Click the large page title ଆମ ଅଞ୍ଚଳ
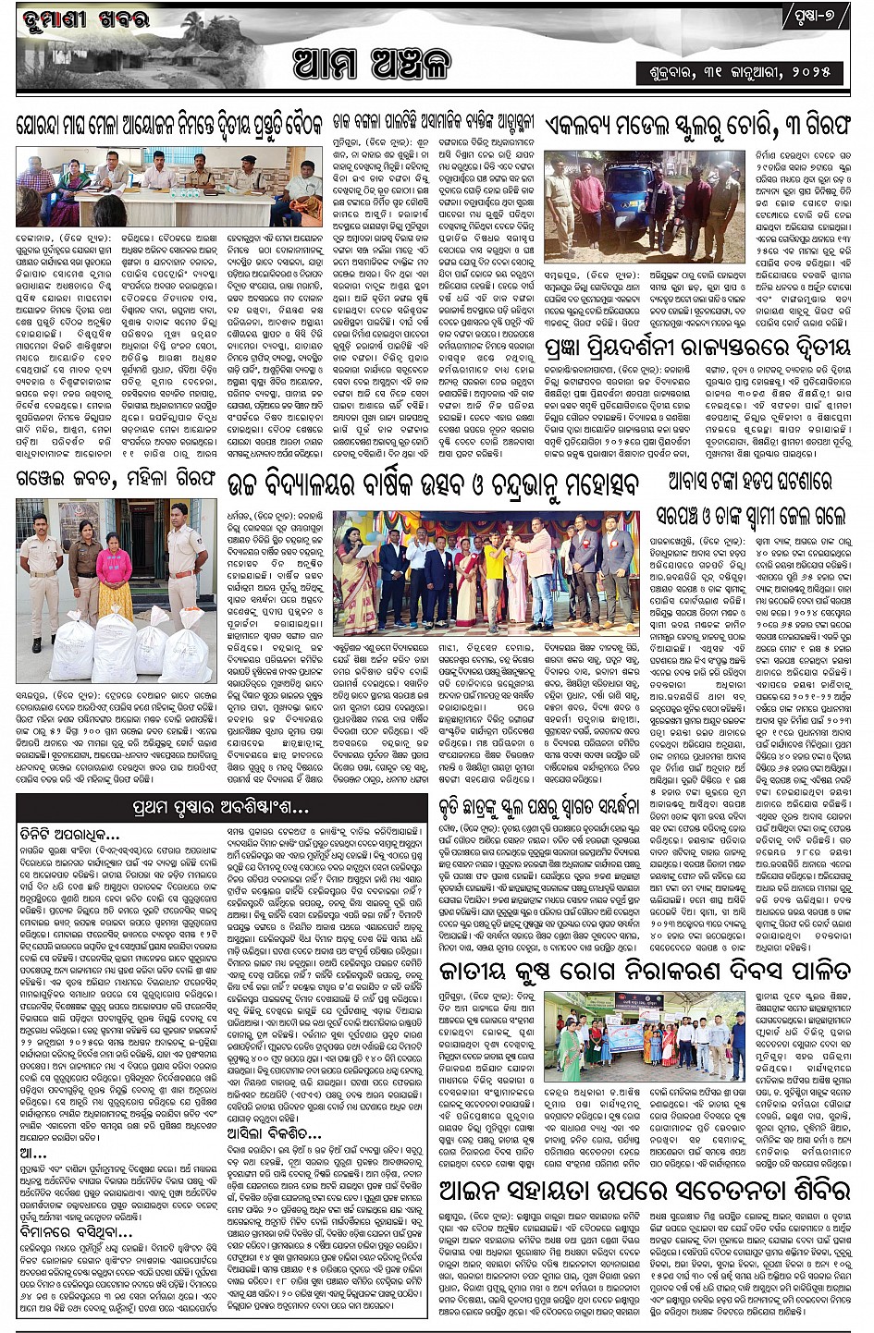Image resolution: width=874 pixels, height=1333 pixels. pyautogui.click(x=370, y=64)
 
